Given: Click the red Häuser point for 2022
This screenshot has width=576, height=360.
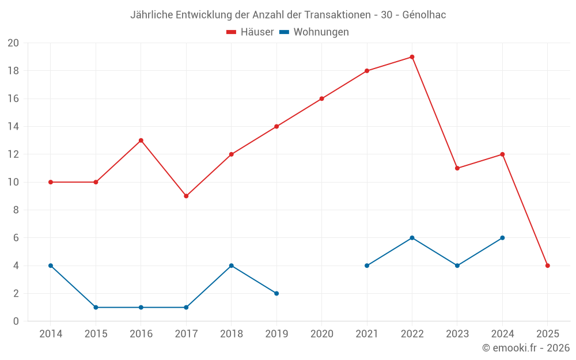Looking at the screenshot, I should (412, 57).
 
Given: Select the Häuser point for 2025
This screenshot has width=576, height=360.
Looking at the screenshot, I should (547, 266).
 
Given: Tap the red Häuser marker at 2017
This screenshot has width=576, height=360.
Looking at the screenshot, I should (186, 196).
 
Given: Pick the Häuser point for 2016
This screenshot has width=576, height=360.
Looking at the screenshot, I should (141, 141).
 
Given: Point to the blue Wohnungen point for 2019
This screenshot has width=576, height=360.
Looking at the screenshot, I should (276, 293).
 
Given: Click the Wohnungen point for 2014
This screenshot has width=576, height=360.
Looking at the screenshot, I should (51, 266).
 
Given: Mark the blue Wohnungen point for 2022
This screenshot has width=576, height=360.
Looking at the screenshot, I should (412, 238).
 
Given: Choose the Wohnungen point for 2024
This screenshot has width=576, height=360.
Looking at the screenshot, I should (502, 238).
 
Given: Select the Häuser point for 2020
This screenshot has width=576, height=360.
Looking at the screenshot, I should (321, 98).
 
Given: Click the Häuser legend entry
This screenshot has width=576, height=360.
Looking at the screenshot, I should (250, 32).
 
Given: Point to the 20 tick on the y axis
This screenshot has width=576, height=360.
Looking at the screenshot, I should (13, 43).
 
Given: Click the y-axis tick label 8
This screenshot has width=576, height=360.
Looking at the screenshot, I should (16, 210).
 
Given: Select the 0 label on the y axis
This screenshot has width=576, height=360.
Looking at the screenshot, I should (16, 321).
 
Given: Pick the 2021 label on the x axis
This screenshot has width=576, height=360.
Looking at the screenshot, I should (367, 334).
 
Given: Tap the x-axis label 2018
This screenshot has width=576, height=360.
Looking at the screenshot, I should (231, 334).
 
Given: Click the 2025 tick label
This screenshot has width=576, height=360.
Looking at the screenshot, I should (547, 334).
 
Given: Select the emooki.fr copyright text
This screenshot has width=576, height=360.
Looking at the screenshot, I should (525, 348).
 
